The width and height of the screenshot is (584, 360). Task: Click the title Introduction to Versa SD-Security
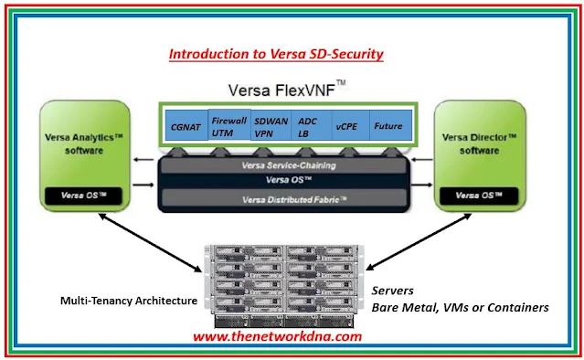275,54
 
